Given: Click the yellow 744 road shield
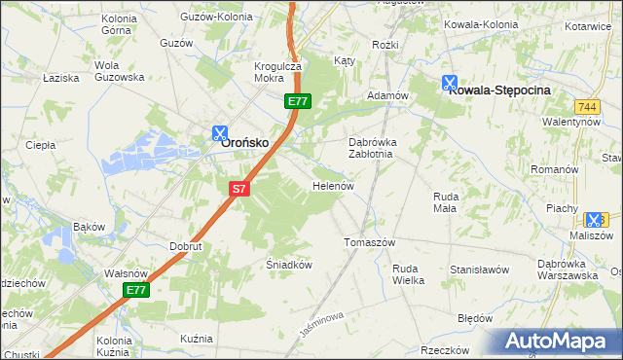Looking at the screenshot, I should pos(586,105).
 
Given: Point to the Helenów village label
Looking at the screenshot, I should pos(332,185).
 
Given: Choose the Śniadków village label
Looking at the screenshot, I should pos(288,264).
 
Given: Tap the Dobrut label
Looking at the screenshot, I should pos(185,247).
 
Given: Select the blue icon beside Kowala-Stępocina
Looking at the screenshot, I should pos(449,84).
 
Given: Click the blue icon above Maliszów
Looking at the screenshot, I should pos(594,221).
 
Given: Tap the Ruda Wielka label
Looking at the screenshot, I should pos(408,273).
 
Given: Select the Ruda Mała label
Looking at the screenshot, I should pos(446,201).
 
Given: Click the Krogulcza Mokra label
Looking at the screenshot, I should pos(277,73).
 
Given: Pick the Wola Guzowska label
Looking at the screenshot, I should pos(119,71).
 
